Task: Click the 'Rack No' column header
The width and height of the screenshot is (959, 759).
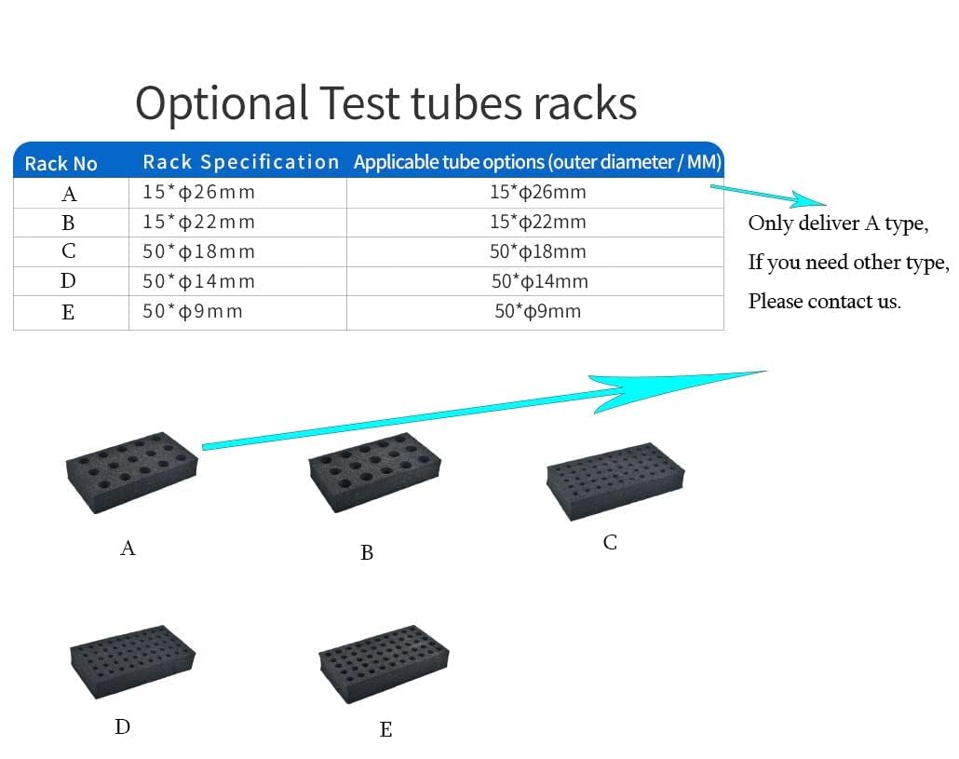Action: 61,163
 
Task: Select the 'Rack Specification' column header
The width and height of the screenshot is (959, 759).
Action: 240,162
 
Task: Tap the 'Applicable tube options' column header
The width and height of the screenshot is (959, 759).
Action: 537,162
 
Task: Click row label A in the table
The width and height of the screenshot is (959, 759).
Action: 69,194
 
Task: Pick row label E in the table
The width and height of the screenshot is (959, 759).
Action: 68,312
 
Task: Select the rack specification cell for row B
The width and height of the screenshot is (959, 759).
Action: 198,223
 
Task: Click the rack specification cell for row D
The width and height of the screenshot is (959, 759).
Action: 198,281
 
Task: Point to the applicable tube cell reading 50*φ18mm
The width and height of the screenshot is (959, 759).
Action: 537,251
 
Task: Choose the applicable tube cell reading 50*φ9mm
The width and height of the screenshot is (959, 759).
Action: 537,311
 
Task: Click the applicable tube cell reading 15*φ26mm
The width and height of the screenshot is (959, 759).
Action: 537,193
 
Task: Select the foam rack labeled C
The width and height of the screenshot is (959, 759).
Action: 615,481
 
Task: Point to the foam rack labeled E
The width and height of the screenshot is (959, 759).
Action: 384,664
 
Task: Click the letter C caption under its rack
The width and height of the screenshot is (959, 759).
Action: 610,542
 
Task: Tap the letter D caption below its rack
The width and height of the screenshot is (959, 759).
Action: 123,726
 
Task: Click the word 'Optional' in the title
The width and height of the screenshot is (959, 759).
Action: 222,102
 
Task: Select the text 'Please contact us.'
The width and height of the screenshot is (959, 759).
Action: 824,301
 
